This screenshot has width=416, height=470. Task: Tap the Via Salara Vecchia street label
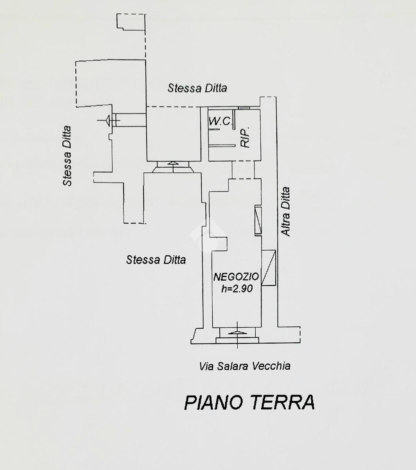tap(245, 366)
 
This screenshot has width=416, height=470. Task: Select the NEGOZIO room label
tap(236, 277)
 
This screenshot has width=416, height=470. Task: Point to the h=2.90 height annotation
tap(237, 289)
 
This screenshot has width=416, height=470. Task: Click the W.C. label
tap(220, 121)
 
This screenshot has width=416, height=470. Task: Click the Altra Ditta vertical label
tap(285, 211)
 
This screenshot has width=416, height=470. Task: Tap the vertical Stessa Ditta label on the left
tap(67, 155)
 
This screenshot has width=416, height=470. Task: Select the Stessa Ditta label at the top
tap(197, 88)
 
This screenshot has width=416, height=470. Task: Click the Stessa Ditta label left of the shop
tap(156, 260)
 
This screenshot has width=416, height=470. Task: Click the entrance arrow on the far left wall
tap(108, 120)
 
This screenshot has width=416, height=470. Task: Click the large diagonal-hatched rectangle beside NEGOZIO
tap(269, 268)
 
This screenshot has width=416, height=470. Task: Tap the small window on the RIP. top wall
tap(244, 108)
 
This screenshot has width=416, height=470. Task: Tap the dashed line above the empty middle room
tap(174, 107)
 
